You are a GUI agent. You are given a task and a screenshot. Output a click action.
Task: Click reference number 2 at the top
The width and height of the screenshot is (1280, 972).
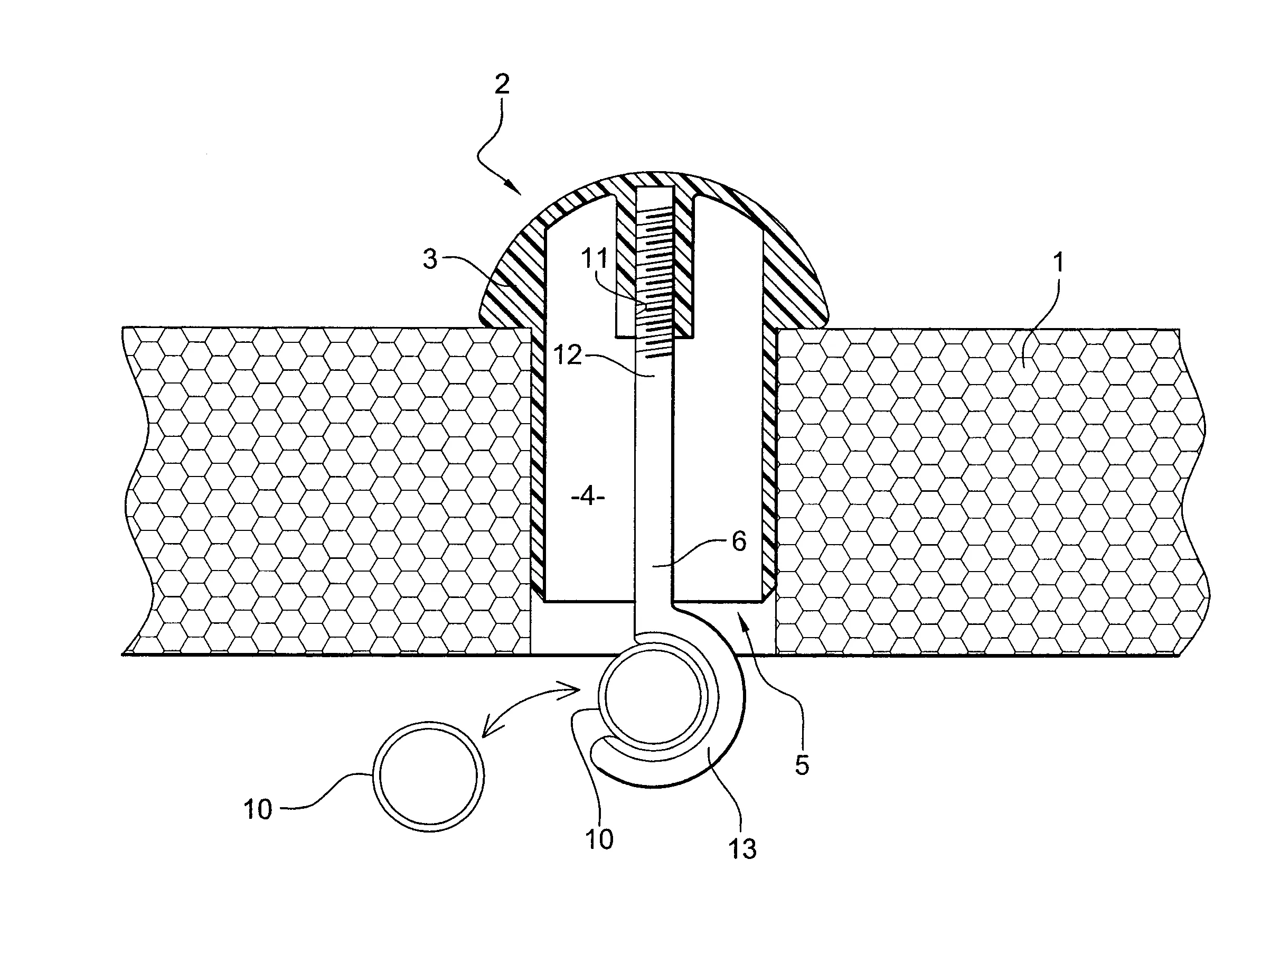[x=502, y=85]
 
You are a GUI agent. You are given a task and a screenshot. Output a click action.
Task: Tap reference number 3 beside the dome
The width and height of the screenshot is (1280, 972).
[x=430, y=259]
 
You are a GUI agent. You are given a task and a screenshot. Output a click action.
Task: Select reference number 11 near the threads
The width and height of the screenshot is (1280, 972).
[x=595, y=258]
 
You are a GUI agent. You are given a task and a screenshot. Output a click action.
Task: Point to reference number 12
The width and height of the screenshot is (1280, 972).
[x=567, y=354]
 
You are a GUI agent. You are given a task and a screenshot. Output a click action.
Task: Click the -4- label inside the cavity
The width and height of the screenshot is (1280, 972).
[x=588, y=496]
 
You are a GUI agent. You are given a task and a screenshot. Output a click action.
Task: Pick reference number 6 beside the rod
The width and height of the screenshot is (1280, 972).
[x=739, y=541]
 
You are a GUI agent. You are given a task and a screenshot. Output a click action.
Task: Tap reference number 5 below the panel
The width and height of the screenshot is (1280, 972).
[x=802, y=765]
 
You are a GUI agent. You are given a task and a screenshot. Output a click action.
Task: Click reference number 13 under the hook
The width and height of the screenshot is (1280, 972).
[x=742, y=849]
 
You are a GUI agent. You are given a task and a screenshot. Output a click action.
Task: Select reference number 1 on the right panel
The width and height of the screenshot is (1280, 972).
[x=1058, y=263]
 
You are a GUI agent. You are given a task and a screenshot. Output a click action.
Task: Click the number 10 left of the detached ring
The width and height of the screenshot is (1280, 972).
[x=258, y=809]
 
